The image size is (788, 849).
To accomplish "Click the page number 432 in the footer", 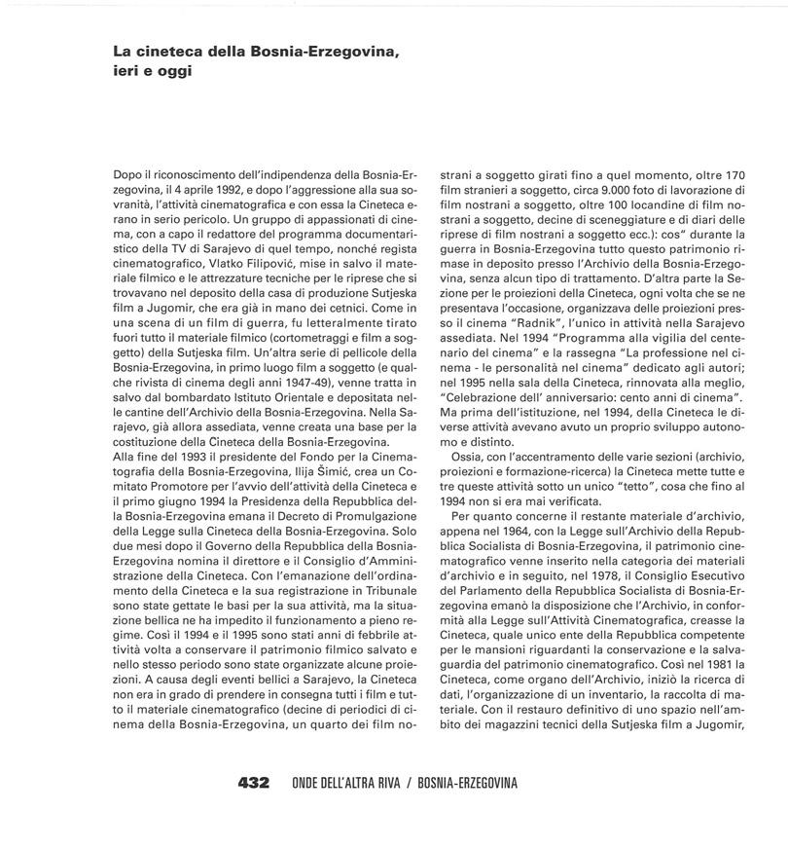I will [252, 783].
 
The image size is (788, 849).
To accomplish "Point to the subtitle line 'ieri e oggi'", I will [147, 71].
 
